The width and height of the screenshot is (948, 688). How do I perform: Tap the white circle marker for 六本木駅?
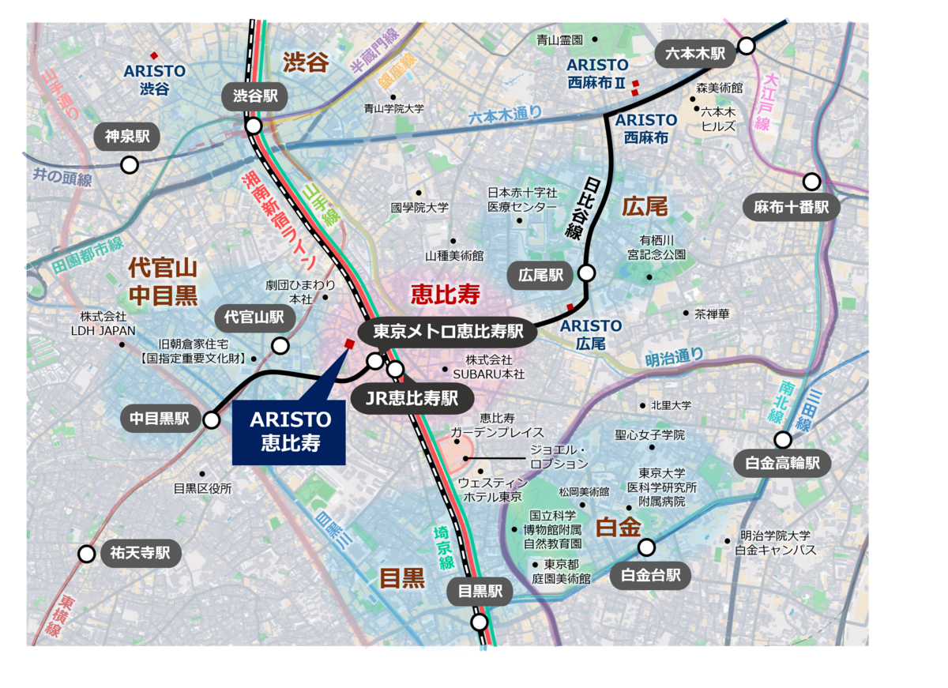(746, 46)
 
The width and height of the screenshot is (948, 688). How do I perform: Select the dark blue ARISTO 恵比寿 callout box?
(290, 431)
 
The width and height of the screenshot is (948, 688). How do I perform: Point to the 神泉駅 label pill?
(127, 136)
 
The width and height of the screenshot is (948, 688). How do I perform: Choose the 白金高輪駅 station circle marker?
(783, 440)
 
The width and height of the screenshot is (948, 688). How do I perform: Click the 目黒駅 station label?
(480, 592)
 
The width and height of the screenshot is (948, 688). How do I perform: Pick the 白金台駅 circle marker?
(647, 547)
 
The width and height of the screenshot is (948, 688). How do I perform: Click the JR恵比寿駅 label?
(412, 398)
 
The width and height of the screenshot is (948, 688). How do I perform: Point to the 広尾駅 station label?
(541, 275)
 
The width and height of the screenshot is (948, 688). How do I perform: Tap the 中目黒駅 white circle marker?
(211, 420)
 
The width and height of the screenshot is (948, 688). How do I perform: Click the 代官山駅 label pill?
(255, 318)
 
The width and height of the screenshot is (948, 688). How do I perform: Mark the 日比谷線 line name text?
(581, 209)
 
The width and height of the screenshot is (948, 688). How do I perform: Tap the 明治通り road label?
(673, 357)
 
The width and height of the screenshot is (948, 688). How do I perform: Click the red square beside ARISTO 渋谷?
(155, 55)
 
